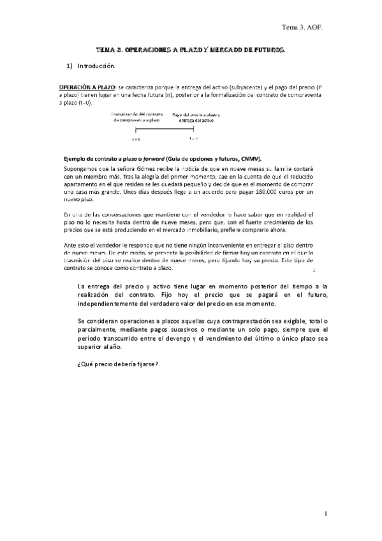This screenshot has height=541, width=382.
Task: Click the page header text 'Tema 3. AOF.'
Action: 305,28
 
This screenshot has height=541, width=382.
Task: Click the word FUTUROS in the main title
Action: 264,49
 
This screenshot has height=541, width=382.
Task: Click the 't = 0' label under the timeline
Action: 136,138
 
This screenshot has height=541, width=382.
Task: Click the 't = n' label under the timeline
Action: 195,137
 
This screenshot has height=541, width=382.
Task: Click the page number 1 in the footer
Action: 325,514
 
